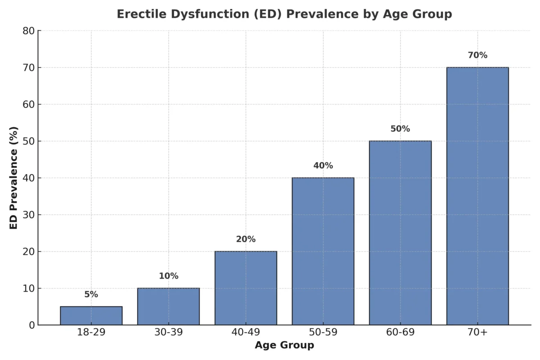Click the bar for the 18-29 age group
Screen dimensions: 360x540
(x=91, y=315)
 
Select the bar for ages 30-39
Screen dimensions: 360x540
(x=168, y=306)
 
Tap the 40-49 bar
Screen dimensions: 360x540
(x=246, y=288)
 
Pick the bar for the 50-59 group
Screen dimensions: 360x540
(x=323, y=251)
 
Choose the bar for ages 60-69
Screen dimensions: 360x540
(x=400, y=233)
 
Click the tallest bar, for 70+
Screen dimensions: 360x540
(x=477, y=196)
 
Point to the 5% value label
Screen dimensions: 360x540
(x=91, y=295)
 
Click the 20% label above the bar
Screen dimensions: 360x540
(x=246, y=239)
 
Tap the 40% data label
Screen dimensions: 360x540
(x=323, y=166)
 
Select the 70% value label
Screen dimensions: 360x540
(x=477, y=55)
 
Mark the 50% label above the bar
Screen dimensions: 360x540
(x=400, y=129)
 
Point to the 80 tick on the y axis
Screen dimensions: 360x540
(x=28, y=31)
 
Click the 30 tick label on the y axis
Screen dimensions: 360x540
(x=28, y=215)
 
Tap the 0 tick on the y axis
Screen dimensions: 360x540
(x=31, y=325)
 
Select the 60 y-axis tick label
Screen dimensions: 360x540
(x=28, y=104)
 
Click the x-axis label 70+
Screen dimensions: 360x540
(x=477, y=333)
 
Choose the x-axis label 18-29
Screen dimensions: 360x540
(x=91, y=333)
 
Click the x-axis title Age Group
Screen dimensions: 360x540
(x=284, y=346)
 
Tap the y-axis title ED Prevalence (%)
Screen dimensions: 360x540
(x=14, y=178)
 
